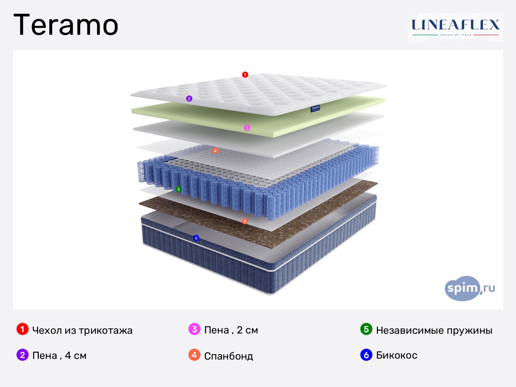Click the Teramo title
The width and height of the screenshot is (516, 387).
click(x=66, y=25)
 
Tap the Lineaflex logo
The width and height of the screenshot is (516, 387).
click(x=455, y=27)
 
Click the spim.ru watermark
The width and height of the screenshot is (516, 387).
click(x=469, y=288)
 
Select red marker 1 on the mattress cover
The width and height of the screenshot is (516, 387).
click(x=245, y=75)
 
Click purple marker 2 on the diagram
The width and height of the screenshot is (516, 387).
click(x=189, y=99)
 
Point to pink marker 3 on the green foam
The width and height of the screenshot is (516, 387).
click(x=247, y=128)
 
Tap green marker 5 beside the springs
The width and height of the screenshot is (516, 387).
click(x=178, y=189)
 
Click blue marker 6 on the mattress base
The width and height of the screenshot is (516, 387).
click(x=196, y=238)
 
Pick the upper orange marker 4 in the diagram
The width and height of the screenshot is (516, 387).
click(x=215, y=151)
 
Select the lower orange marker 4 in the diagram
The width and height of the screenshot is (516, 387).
click(x=245, y=221)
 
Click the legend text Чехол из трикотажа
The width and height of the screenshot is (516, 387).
click(x=82, y=330)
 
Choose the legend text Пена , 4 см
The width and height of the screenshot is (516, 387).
click(x=59, y=355)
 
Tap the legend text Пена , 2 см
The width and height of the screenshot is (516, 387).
click(x=231, y=330)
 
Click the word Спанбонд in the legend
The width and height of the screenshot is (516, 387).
click(x=228, y=356)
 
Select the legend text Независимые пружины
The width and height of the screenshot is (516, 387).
click(x=434, y=330)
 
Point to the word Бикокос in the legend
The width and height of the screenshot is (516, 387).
click(x=396, y=355)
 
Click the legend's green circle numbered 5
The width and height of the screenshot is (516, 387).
click(x=366, y=329)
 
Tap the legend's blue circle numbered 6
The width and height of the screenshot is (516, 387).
click(x=366, y=355)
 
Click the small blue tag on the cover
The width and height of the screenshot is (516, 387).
click(x=315, y=109)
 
